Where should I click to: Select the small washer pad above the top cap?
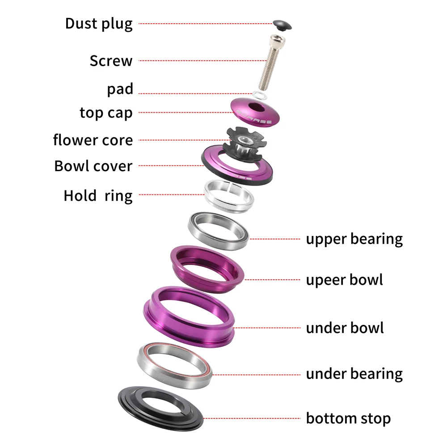click(258, 94)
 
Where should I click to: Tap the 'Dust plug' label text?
click(99, 24)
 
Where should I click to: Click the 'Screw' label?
click(111, 60)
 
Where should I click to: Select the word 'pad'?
click(120, 89)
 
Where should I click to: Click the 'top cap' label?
click(106, 113)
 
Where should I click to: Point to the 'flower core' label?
click(93, 140)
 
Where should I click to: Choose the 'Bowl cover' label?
click(93, 166)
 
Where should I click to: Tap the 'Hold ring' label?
click(98, 195)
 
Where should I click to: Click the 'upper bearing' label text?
click(354, 239)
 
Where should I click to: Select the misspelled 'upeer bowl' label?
click(344, 280)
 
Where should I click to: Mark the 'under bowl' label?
click(345, 328)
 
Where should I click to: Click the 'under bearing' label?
click(354, 374)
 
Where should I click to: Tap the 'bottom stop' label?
click(348, 419)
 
